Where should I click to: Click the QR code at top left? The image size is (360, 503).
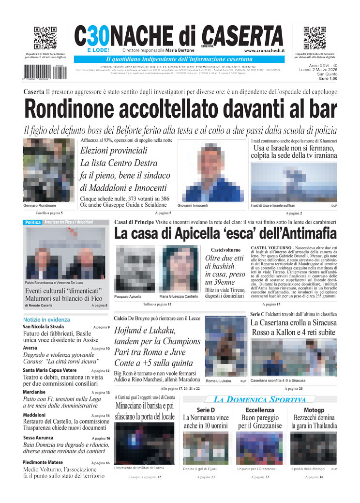pos(45,38)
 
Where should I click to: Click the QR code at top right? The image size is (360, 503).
pos(315,38)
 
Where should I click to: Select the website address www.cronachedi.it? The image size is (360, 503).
pos(264,50)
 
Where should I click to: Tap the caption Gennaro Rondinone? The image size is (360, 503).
pos(40,206)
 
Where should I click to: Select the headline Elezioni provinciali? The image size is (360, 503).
pos(113,151)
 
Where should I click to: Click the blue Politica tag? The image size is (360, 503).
pos(32,222)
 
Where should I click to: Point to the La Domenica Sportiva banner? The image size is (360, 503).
pos(260,399)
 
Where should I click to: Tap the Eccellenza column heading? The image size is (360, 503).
pos(260,410)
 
